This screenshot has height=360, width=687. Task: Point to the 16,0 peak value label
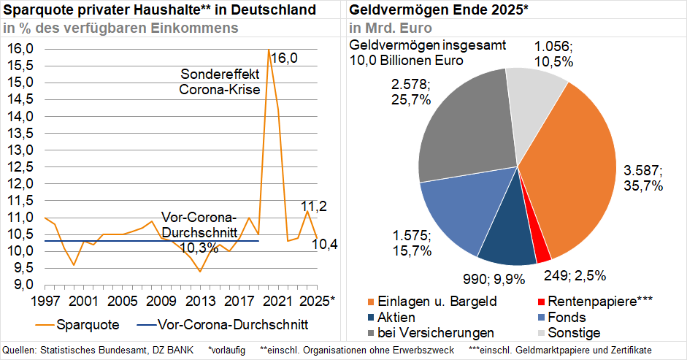click(x=284, y=58)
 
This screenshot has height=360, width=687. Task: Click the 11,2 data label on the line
click(x=314, y=207)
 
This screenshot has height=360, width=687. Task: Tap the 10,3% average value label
click(x=199, y=248)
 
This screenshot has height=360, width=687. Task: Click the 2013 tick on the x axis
click(x=199, y=301)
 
